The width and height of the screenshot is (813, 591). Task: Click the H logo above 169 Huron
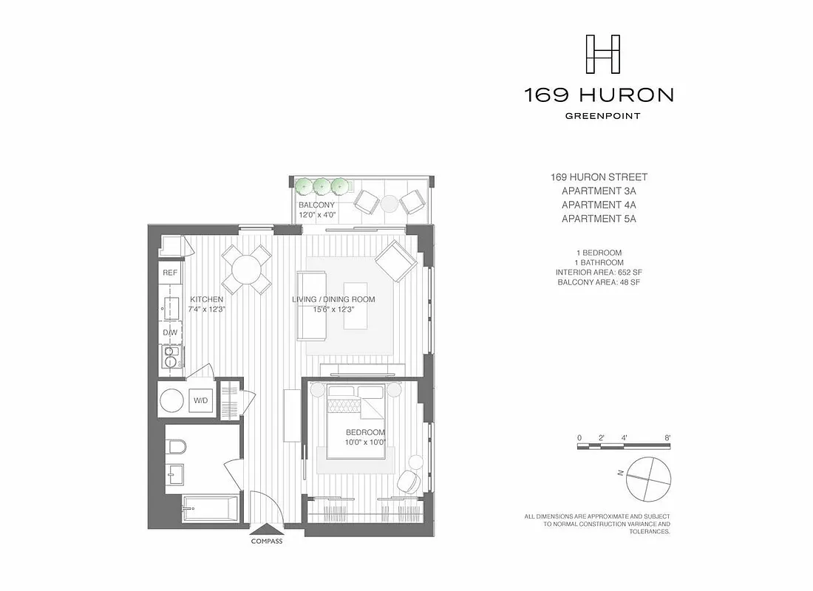click(602, 54)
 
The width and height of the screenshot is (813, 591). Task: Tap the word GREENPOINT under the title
click(602, 115)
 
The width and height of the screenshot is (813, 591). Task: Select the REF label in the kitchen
click(170, 273)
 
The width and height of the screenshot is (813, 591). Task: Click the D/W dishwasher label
click(170, 332)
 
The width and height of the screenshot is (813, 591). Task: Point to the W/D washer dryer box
click(201, 400)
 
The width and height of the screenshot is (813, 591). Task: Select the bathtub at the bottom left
click(210, 510)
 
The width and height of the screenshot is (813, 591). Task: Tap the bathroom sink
click(174, 474)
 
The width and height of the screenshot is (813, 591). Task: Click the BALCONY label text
click(316, 205)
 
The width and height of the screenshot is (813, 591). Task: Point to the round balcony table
click(390, 202)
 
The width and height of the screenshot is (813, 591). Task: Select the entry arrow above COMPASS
click(267, 528)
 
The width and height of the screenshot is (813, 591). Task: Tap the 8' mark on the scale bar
click(667, 437)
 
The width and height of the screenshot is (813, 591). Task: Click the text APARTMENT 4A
click(599, 205)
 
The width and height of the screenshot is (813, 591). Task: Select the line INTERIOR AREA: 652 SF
click(599, 273)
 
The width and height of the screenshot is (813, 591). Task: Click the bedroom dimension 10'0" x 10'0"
click(366, 443)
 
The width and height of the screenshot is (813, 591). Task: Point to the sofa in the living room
click(311, 306)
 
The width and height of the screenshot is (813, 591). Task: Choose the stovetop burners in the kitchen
click(170, 358)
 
